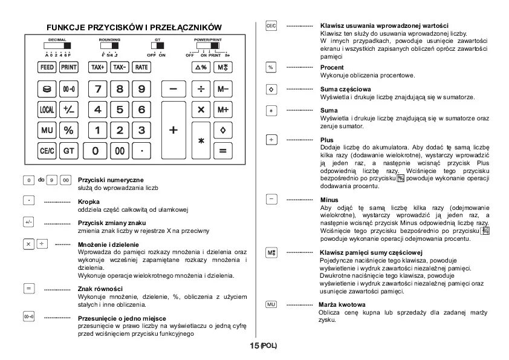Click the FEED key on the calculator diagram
point(47,67)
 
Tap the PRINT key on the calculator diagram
point(68,67)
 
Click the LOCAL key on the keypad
point(47,110)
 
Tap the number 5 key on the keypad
point(120,110)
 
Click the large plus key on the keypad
point(174,129)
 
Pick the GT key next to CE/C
point(68,150)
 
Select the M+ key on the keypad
point(222,110)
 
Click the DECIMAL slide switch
point(58,45)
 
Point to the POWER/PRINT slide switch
point(208,45)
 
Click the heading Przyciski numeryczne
point(111,180)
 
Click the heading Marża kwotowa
point(342,304)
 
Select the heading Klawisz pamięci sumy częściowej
point(371,252)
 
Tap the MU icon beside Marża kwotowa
point(271,304)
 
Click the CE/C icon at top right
point(271,27)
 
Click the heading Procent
point(332,67)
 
